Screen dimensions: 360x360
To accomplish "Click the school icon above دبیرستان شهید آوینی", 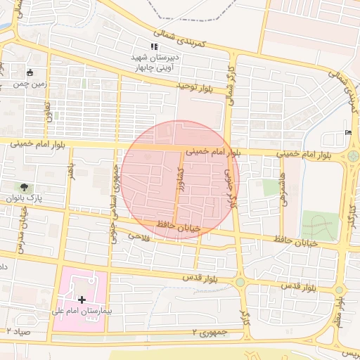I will click(154, 46).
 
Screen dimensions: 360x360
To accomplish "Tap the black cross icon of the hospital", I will click(82, 300).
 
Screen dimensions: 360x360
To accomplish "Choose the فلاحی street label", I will click(134, 236).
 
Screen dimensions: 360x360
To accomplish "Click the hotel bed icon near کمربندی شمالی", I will click(349, 133).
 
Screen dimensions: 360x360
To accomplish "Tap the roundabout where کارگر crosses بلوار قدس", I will click(240, 282).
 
